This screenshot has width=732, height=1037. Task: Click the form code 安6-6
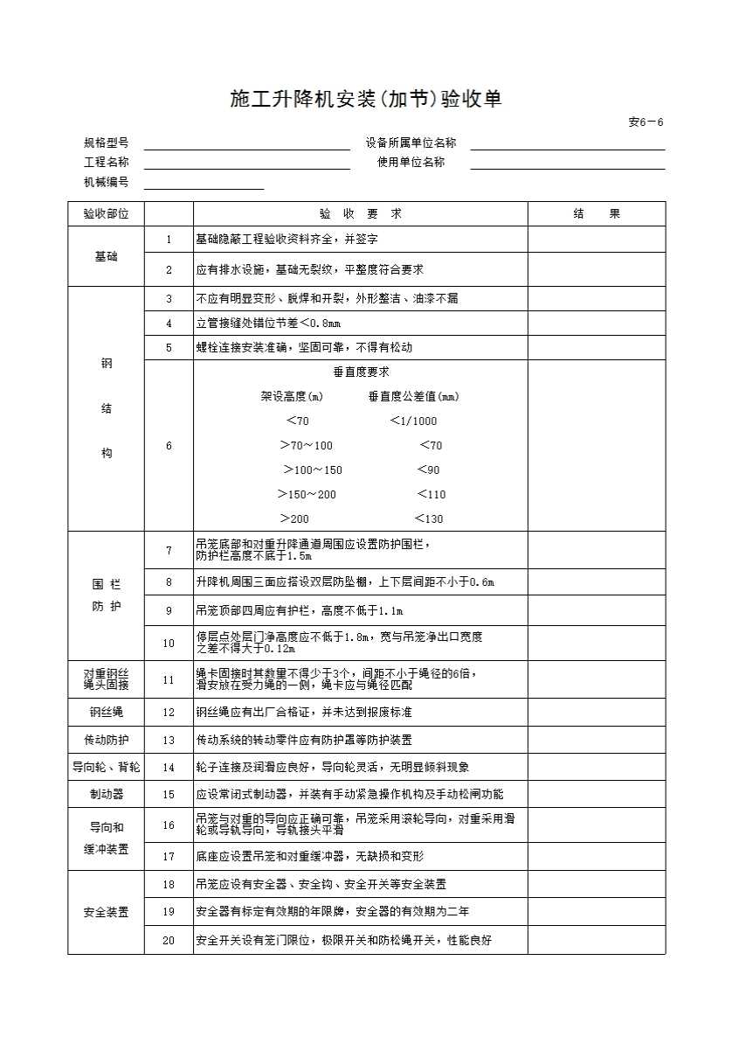(x=646, y=122)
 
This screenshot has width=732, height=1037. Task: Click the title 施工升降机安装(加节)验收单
(x=366, y=99)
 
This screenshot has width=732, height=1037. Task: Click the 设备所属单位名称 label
(x=411, y=143)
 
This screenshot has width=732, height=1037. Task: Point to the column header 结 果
(x=597, y=214)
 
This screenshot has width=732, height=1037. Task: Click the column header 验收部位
(x=106, y=214)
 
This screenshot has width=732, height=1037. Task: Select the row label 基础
(x=106, y=256)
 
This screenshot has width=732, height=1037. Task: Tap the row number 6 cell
(x=169, y=446)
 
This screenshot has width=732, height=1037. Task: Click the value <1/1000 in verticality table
(x=413, y=421)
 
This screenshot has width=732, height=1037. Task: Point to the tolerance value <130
(x=429, y=519)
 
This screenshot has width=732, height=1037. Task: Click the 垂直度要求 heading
(x=361, y=372)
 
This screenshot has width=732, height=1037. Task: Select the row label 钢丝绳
(x=106, y=713)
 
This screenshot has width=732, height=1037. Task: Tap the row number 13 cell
(x=169, y=741)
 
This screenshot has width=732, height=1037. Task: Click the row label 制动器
(x=106, y=795)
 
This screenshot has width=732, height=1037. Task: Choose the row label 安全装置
(x=106, y=913)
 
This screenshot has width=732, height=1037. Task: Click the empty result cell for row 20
(x=597, y=941)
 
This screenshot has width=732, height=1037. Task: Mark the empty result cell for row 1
(x=597, y=240)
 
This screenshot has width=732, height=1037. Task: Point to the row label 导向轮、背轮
(x=106, y=768)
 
